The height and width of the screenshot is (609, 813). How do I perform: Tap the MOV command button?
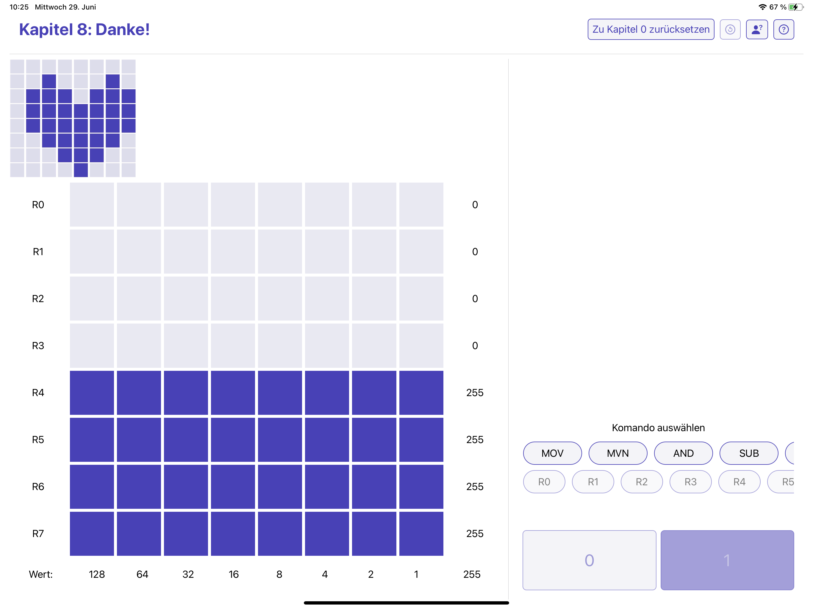pyautogui.click(x=552, y=453)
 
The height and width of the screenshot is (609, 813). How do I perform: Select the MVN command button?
pyautogui.click(x=617, y=453)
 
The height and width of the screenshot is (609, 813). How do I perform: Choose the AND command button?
pyautogui.click(x=683, y=453)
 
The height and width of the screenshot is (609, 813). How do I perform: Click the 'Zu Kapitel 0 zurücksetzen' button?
pyautogui.click(x=651, y=29)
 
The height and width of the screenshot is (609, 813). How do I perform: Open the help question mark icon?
pyautogui.click(x=783, y=29)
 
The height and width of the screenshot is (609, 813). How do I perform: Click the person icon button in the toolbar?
pyautogui.click(x=756, y=29)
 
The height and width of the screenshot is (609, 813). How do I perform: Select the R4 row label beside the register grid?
pyautogui.click(x=38, y=393)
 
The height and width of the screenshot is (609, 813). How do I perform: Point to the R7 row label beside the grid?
pyautogui.click(x=38, y=533)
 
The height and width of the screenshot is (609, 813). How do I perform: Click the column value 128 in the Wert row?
pyautogui.click(x=97, y=574)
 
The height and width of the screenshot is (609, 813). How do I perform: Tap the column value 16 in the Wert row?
pyautogui.click(x=233, y=574)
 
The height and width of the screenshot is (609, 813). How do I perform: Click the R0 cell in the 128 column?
pyautogui.click(x=92, y=205)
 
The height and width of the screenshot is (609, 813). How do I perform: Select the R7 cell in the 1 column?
pyautogui.click(x=421, y=533)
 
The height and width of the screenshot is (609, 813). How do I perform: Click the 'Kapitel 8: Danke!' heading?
pyautogui.click(x=84, y=29)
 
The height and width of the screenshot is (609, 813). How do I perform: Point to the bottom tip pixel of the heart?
pyautogui.click(x=81, y=170)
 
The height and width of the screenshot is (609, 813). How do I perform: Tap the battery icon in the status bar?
pyautogui.click(x=795, y=7)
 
